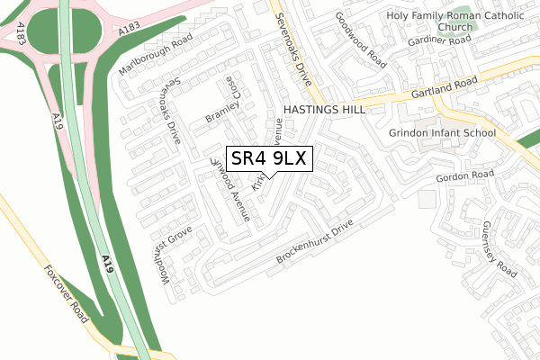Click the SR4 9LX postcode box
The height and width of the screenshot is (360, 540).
pyautogui.click(x=270, y=158)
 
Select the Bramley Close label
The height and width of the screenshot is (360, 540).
pyautogui.click(x=226, y=110)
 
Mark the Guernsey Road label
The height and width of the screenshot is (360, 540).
pyautogui.click(x=499, y=247)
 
